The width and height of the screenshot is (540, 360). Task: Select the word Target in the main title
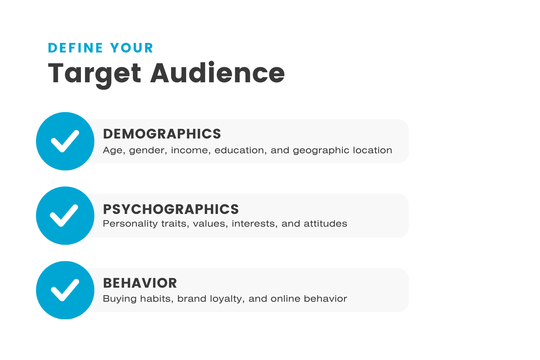(95, 73)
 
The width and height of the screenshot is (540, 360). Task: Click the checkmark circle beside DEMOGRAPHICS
(65, 141)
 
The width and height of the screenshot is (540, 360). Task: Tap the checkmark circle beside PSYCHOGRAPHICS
(65, 216)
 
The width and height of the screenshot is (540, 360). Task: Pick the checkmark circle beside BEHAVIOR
(65, 290)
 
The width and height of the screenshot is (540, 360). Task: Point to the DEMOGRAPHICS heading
(162, 134)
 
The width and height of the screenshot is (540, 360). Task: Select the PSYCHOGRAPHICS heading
(171, 209)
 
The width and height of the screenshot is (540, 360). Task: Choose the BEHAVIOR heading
(140, 283)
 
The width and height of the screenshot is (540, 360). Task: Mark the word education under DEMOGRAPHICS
(239, 151)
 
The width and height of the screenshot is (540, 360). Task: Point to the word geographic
(315, 151)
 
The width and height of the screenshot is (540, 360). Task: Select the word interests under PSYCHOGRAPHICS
(254, 224)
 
